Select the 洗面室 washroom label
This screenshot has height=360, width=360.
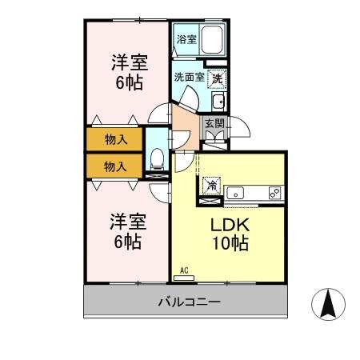189,78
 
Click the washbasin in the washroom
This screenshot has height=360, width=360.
217,101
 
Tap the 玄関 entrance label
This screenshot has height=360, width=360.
214,124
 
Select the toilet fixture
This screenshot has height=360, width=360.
157,158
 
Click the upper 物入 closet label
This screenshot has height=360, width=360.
116,140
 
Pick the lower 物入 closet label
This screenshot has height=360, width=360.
116,166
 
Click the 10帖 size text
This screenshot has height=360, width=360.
230,244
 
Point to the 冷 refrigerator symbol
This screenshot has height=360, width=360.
212,186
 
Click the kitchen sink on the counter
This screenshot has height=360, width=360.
236,193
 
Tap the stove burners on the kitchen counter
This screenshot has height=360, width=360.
274,193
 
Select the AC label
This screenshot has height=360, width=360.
183,270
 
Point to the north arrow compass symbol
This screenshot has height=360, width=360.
328,304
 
